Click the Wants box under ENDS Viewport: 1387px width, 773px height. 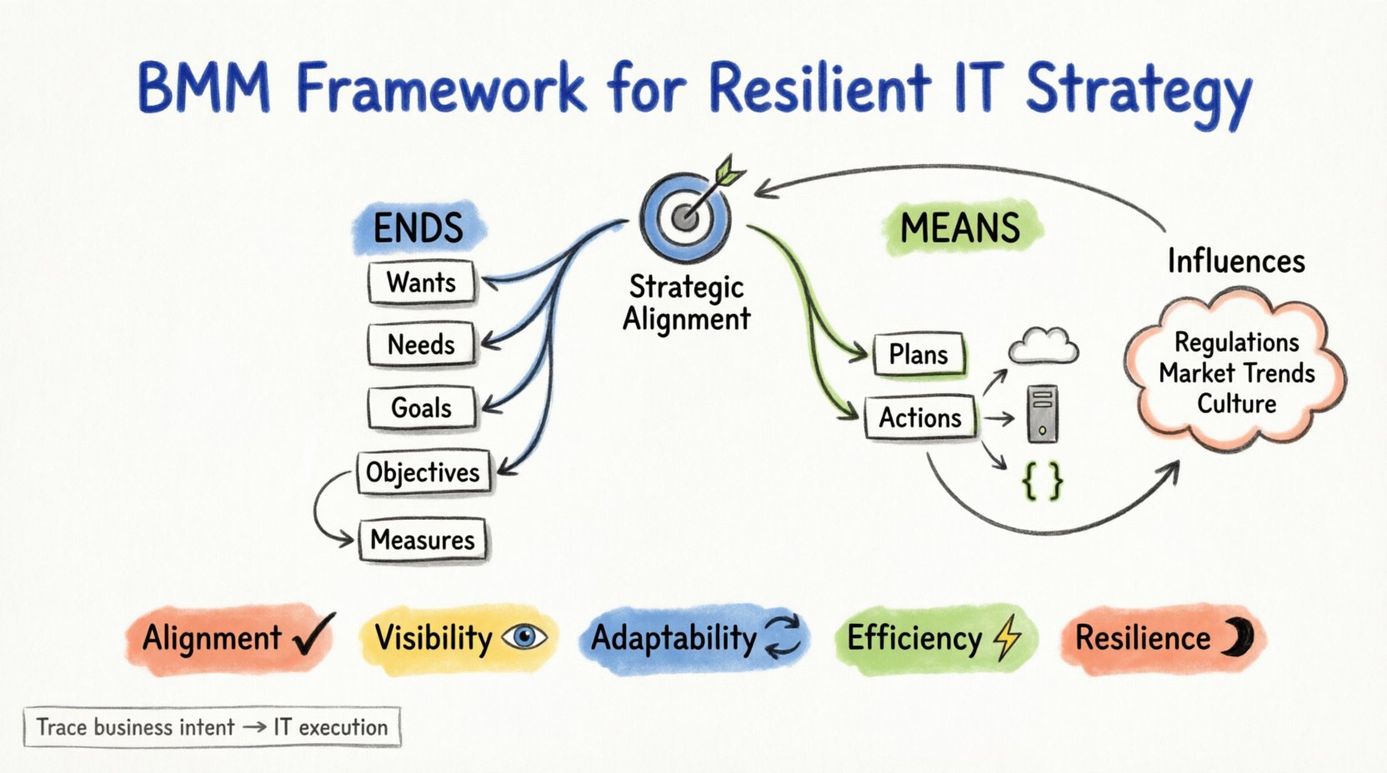click(422, 283)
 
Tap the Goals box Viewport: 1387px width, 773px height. click(422, 408)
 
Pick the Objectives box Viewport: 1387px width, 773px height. click(423, 472)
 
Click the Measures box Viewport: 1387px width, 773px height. click(423, 541)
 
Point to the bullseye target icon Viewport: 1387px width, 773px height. click(685, 217)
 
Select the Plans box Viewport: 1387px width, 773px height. click(919, 355)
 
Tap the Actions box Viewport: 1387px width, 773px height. click(920, 417)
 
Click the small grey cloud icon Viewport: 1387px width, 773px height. click(1044, 346)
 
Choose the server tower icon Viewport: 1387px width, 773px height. click(1043, 414)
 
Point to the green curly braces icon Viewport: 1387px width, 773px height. click(1043, 481)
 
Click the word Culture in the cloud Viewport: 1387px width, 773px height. click(1237, 404)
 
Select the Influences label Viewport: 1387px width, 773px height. click(1235, 262)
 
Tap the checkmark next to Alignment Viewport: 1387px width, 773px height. click(314, 635)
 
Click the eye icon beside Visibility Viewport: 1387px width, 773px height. click(524, 638)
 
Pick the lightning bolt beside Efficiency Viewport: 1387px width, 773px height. click(1009, 637)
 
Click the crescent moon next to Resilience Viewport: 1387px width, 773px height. click(1239, 638)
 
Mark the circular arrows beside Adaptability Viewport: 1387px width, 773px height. click(783, 637)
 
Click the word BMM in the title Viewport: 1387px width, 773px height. click(204, 87)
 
